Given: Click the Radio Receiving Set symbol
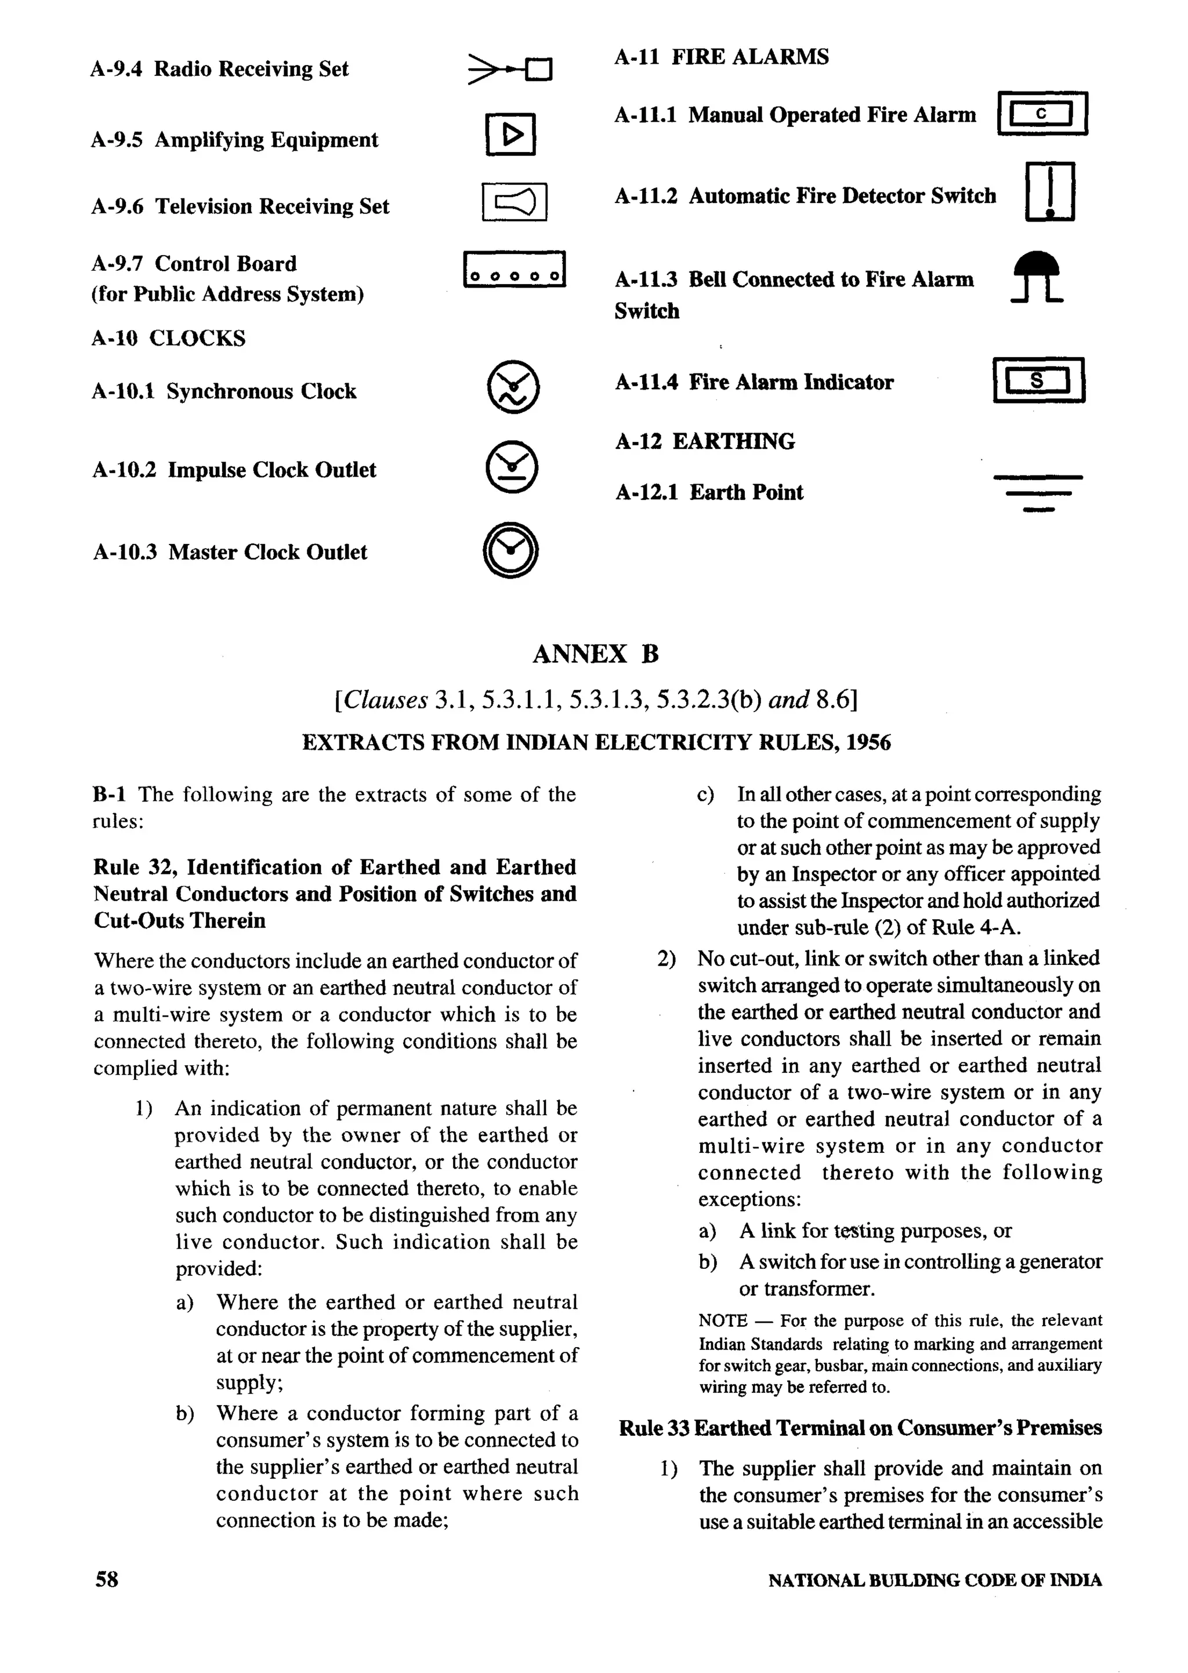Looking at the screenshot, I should click(510, 70).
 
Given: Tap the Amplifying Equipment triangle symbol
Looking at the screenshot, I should click(510, 135).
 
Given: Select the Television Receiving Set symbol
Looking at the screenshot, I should click(515, 202).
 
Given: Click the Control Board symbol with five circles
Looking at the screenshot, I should click(515, 270).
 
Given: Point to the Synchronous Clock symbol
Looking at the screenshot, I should click(513, 387).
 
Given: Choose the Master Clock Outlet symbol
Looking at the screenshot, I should click(511, 550).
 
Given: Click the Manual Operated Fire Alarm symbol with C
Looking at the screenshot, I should click(1042, 113).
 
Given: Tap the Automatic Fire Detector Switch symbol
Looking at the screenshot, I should click(1050, 191).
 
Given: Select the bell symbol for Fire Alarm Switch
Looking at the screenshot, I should click(1037, 277).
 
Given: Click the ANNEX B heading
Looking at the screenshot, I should click(596, 654).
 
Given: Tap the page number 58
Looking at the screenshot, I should click(107, 1580).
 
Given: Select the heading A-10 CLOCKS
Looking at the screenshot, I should click(168, 339).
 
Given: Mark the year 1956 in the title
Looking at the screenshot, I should click(868, 743).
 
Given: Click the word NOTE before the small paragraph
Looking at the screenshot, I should click(722, 1320).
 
